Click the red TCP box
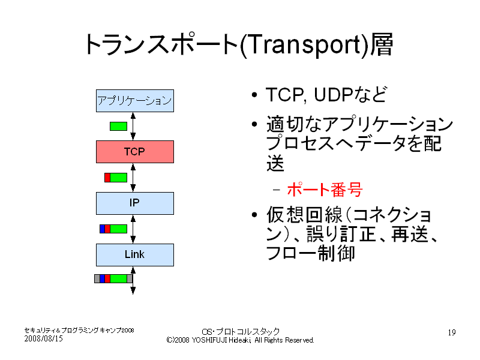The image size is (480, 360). [x=135, y=152]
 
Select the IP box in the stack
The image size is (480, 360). [x=135, y=203]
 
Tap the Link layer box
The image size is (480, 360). [x=135, y=254]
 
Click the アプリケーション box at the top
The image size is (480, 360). [x=135, y=101]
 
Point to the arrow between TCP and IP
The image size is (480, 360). [x=133, y=178]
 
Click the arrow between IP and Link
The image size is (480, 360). [x=133, y=229]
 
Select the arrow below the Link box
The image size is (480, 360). [x=133, y=280]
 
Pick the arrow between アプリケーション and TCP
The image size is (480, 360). [x=133, y=127]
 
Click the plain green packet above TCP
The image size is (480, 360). [x=118, y=126]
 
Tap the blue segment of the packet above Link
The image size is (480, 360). [x=102, y=229]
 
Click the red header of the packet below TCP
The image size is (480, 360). [x=107, y=178]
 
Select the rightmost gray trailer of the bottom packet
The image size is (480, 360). [x=130, y=278]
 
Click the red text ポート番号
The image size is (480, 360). [x=325, y=189]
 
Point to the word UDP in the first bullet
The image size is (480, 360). [x=334, y=95]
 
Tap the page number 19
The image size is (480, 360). [x=452, y=332]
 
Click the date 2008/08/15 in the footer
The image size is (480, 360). [x=43, y=338]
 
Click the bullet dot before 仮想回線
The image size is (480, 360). [x=254, y=215]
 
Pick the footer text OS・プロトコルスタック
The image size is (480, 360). [x=241, y=332]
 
